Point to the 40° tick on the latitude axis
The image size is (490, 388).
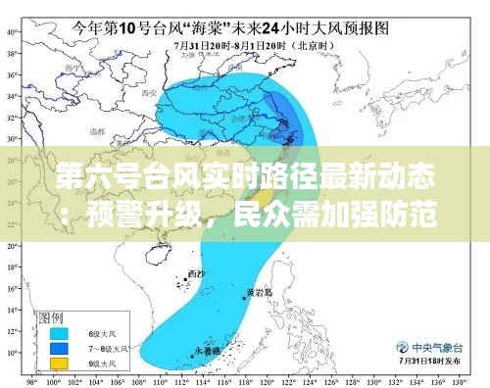[x=13, y=30]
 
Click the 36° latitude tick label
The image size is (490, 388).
[x=13, y=73]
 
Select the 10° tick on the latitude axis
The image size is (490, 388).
[x=13, y=352]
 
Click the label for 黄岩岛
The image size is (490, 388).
[x=259, y=292]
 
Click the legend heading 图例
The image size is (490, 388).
[x=50, y=318]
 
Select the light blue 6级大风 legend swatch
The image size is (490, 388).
[x=58, y=333]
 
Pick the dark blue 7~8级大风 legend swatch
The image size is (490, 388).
[x=58, y=347]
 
